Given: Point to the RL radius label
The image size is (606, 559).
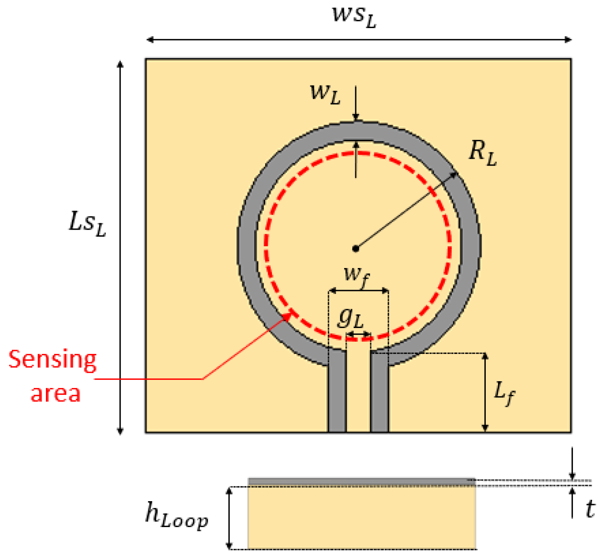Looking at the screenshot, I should point(482,152).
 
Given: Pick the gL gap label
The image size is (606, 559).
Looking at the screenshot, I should point(351,318).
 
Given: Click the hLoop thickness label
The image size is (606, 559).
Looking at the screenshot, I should point(176,515).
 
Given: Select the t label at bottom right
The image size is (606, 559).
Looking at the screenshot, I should point(590,509).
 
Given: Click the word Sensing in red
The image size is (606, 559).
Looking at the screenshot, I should point(53,360).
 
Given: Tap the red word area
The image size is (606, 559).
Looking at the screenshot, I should point(55,394).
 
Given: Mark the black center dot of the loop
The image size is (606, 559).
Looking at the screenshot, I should point(356,249).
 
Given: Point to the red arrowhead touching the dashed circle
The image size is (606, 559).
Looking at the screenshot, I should point(289,315).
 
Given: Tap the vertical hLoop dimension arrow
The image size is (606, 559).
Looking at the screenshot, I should point(229,518).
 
